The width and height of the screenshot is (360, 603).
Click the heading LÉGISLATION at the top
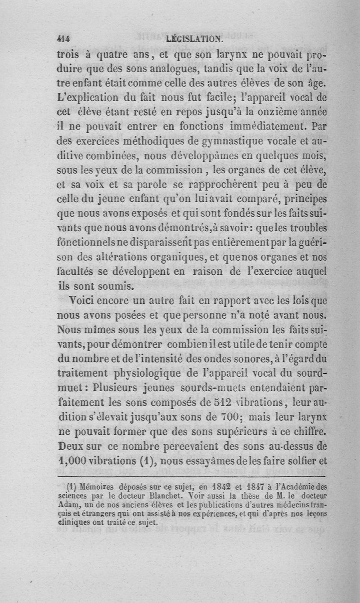[194, 39]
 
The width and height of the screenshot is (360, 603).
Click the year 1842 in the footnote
[207, 487]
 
